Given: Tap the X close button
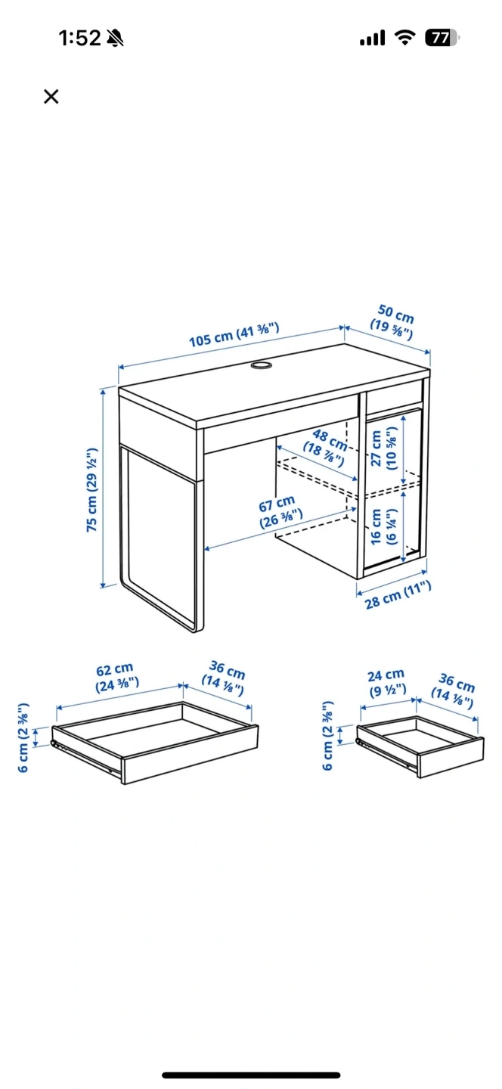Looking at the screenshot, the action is [x=51, y=96].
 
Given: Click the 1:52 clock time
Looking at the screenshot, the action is [x=79, y=38].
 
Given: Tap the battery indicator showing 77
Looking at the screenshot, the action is [x=442, y=38].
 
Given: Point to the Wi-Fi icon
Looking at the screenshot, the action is [x=404, y=38].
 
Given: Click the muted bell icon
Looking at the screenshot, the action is [x=115, y=38].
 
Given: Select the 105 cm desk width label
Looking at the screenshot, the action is [x=234, y=334].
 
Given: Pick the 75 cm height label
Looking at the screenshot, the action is [x=91, y=489].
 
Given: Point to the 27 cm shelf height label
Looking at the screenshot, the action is [x=384, y=448].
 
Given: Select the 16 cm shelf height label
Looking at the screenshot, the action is [x=383, y=526].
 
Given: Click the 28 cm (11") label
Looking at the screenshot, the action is [x=398, y=594].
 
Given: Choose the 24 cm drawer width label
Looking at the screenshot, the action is [x=386, y=682].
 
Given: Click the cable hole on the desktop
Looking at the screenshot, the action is [x=261, y=365].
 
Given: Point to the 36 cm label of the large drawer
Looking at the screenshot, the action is [x=225, y=678].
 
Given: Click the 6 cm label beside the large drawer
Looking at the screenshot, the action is [x=23, y=737].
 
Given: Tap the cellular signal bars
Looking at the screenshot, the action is [x=373, y=38].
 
